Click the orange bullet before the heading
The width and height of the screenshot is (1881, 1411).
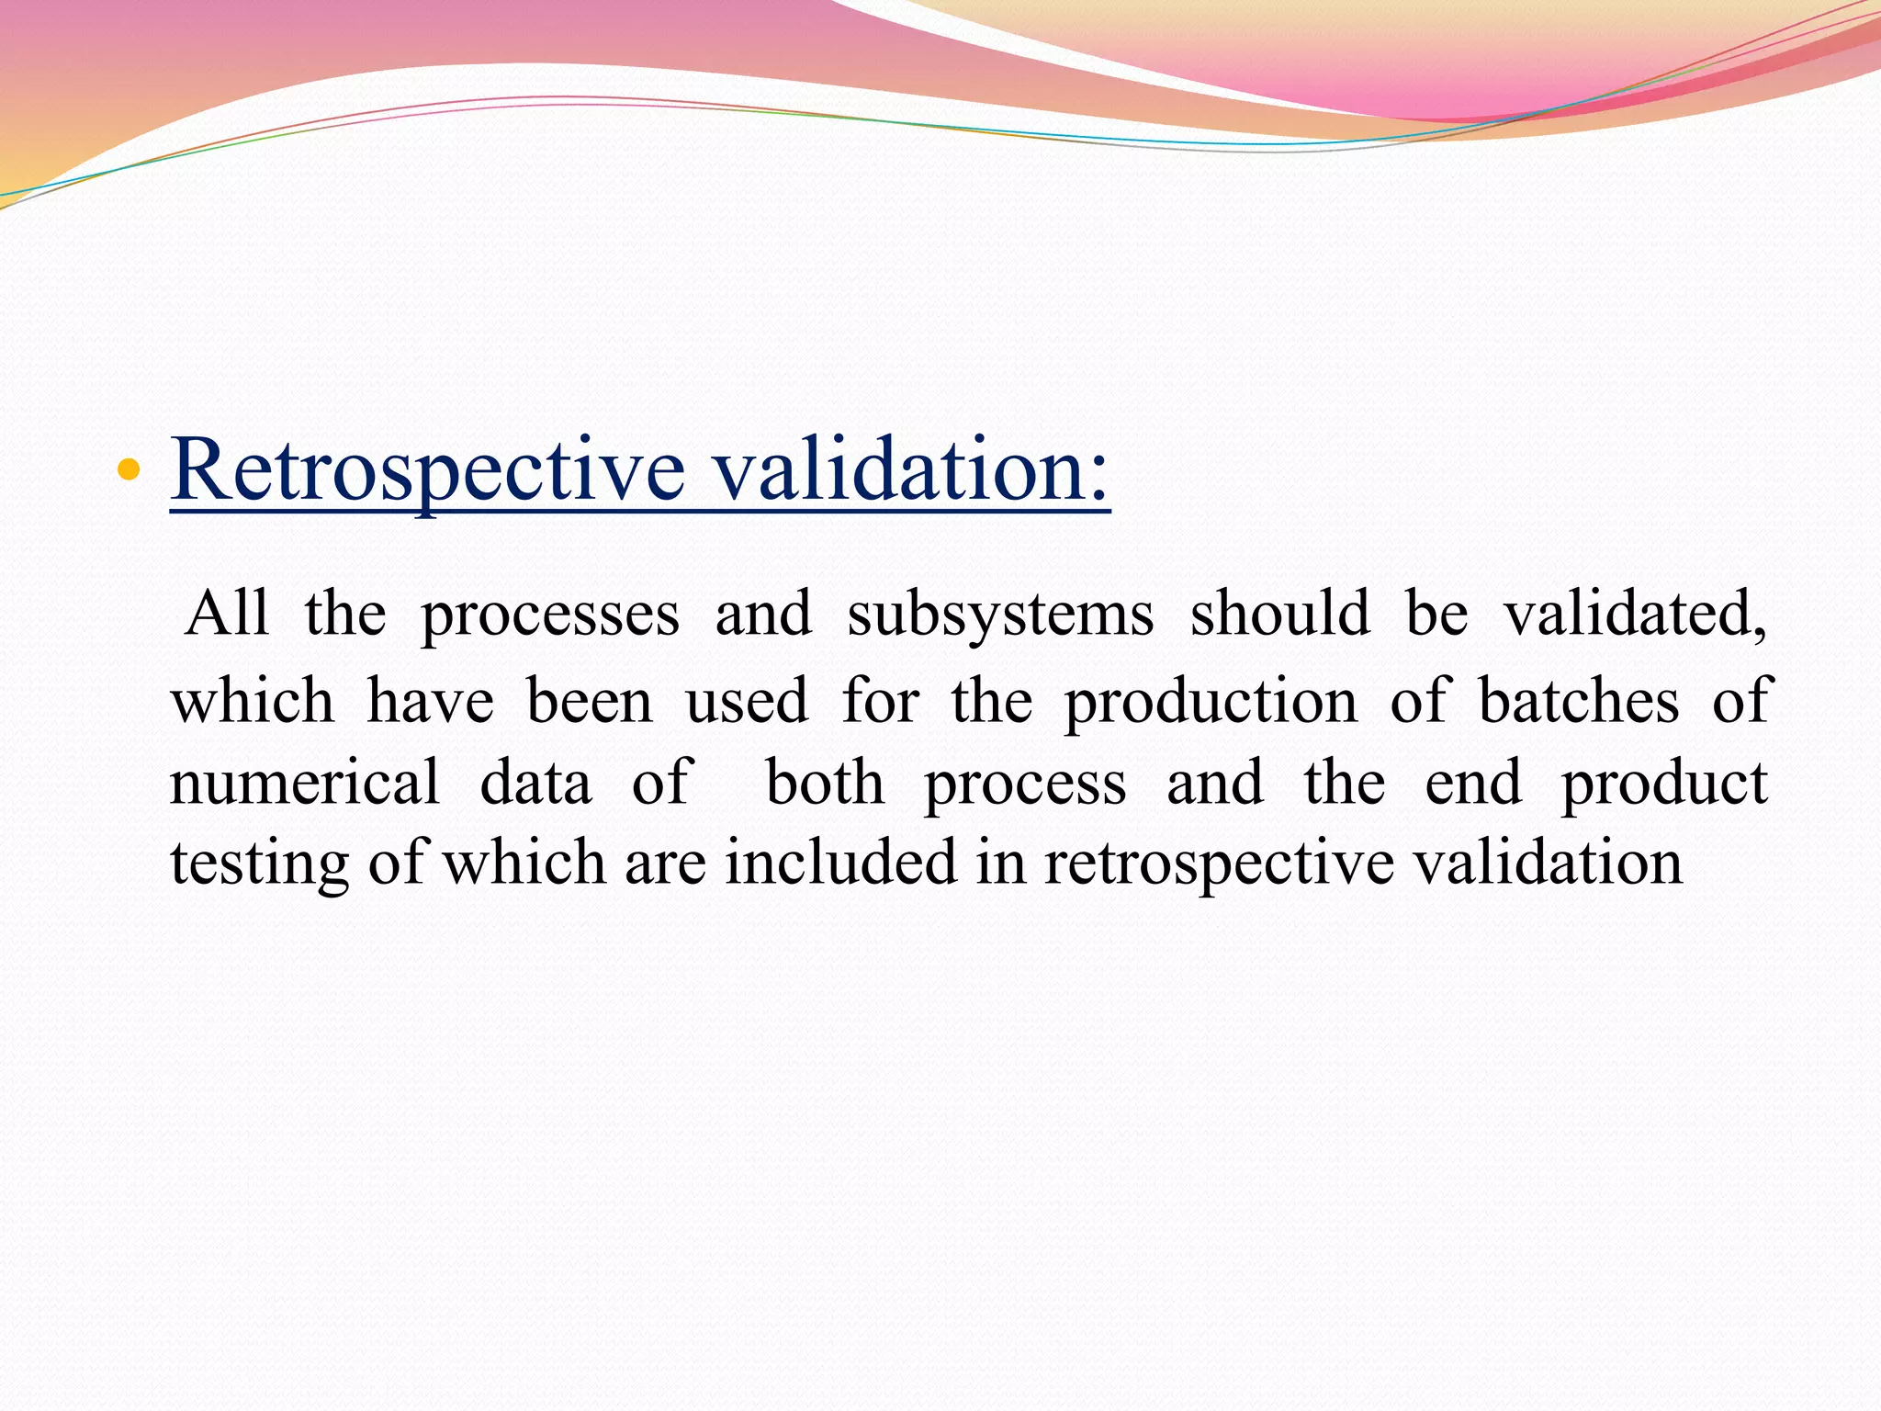tap(129, 471)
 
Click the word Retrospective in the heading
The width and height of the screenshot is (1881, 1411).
tap(427, 471)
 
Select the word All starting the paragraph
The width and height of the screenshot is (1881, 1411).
tap(227, 614)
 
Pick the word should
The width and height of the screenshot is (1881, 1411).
tap(1279, 614)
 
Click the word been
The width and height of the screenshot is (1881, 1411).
tap(590, 701)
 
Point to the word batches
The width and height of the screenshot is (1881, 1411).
tap(1579, 701)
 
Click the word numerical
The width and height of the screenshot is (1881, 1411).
tap(305, 783)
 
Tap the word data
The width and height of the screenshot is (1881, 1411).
tap(535, 783)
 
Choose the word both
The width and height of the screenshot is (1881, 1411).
tap(825, 783)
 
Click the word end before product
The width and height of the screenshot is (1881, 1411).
tap(1473, 783)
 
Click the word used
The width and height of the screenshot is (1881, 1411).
tap(747, 701)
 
